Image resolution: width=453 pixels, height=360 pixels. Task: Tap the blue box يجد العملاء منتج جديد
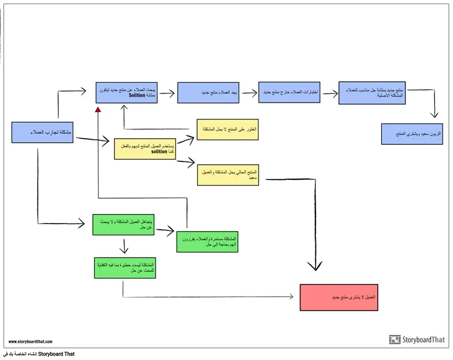click(207, 92)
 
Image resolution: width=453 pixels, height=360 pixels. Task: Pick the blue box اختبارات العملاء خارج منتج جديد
click(289, 92)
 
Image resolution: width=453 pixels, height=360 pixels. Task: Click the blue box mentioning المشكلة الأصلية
click(371, 92)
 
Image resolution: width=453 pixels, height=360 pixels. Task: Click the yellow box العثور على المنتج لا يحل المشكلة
click(227, 129)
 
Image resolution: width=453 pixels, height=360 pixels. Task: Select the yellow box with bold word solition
click(145, 148)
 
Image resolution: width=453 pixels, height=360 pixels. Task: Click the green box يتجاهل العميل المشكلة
click(123, 225)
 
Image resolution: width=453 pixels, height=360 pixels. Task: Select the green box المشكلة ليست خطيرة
click(125, 268)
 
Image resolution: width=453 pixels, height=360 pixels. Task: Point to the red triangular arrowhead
click(98, 109)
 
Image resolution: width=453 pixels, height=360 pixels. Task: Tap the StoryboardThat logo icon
click(395, 340)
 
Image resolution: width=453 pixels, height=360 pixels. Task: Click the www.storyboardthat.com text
click(31, 341)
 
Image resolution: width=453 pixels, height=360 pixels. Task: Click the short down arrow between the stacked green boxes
click(123, 246)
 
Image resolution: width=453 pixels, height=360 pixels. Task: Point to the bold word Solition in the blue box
click(137, 95)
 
